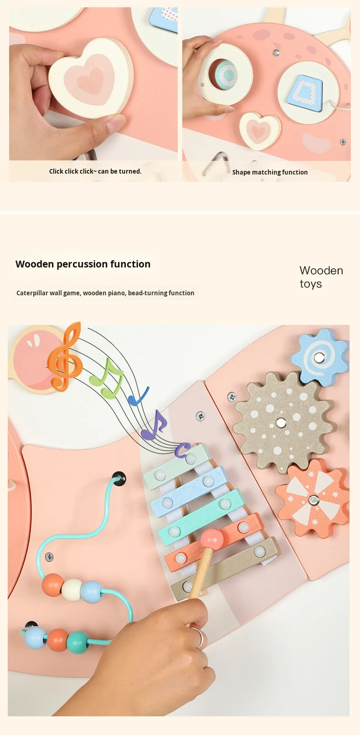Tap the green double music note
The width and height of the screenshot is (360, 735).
(x=108, y=378)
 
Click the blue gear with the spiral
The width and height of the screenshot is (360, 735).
(x=321, y=356)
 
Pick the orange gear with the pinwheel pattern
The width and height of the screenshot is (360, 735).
(x=314, y=499)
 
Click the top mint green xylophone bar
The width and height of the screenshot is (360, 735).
(x=177, y=467)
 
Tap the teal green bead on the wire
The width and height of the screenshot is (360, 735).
(x=77, y=642)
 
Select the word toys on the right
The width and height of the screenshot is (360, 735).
(x=311, y=284)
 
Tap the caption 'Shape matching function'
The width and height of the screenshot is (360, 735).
(x=270, y=172)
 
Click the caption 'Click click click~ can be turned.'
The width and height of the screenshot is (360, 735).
(x=95, y=171)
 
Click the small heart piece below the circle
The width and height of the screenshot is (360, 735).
(x=259, y=130)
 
